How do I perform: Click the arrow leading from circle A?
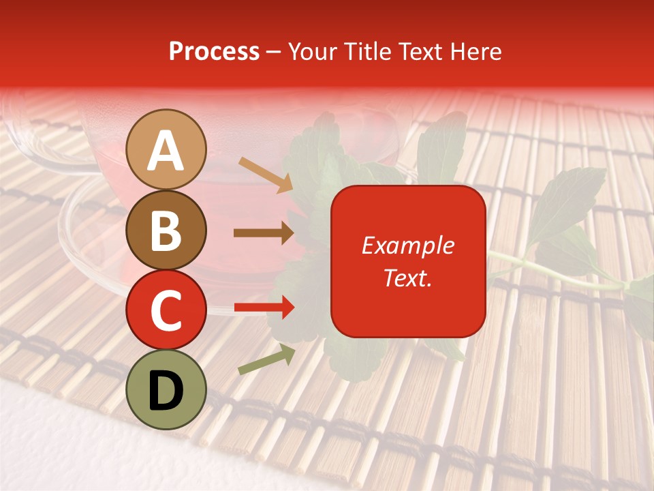pyautogui.click(x=266, y=175)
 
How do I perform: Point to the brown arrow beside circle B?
pyautogui.click(x=264, y=233)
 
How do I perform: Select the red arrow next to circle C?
pyautogui.click(x=264, y=308)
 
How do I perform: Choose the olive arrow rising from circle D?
pyautogui.click(x=266, y=359)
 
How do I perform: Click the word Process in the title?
pyautogui.click(x=214, y=52)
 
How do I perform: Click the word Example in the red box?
pyautogui.click(x=407, y=245)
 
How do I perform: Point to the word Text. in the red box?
pyautogui.click(x=407, y=278)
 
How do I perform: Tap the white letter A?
pyautogui.click(x=166, y=150)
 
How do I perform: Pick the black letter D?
pyautogui.click(x=166, y=391)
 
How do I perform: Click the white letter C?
pyautogui.click(x=166, y=310)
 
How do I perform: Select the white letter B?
pyautogui.click(x=166, y=230)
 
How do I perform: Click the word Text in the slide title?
pyautogui.click(x=420, y=52)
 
